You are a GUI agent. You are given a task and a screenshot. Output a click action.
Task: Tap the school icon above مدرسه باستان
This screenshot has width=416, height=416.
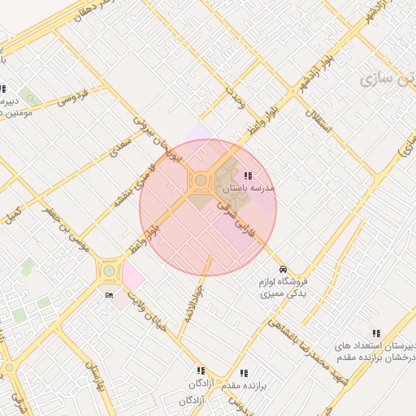coord(248,175)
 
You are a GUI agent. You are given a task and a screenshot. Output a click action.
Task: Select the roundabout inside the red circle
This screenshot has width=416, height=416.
coord(200,180)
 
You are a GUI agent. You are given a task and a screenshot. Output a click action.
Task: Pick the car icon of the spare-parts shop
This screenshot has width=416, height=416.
coord(282,268)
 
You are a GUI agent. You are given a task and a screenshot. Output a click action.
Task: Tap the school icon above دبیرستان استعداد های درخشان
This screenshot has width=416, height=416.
coord(375,333)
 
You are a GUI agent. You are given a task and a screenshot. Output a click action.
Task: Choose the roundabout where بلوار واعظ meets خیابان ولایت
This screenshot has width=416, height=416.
coord(109,271)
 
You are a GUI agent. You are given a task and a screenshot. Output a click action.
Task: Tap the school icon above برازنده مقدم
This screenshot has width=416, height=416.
coord(244,374)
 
